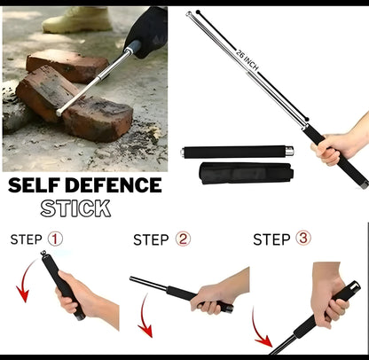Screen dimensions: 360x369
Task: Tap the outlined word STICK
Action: click(x=75, y=208)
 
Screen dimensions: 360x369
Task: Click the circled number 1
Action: click(x=55, y=239)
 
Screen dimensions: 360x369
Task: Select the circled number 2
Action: click(x=184, y=239)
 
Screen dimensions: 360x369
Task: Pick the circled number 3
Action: click(x=303, y=239)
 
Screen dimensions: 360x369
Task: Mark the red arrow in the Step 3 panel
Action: click(x=261, y=337)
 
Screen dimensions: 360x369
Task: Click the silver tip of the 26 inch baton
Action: click(x=190, y=15)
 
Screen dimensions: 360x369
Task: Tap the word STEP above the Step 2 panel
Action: click(x=151, y=239)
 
